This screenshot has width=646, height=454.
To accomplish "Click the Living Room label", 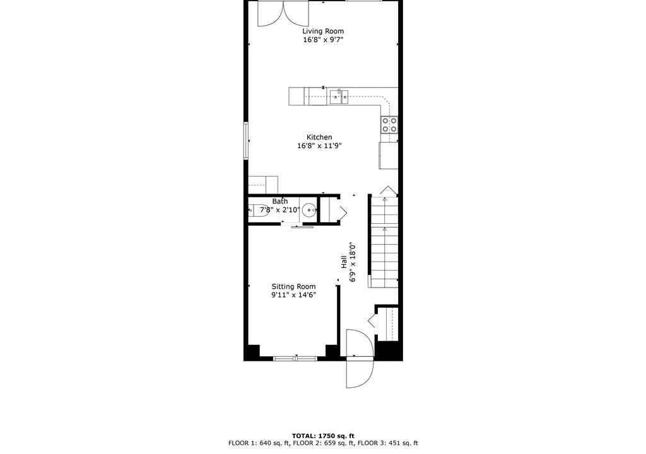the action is pyautogui.click(x=323, y=32).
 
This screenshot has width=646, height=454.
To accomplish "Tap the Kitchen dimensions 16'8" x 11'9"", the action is pyautogui.click(x=319, y=146).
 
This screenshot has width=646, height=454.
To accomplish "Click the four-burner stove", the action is pyautogui.click(x=389, y=125).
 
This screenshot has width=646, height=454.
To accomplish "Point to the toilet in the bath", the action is pyautogui.click(x=258, y=211).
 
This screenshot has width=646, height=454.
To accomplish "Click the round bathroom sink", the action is pyautogui.click(x=309, y=211).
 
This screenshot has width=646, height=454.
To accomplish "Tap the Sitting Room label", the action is pyautogui.click(x=294, y=287).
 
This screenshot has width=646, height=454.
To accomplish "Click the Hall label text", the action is pyautogui.click(x=344, y=262).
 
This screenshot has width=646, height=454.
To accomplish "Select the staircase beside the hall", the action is pyautogui.click(x=384, y=242).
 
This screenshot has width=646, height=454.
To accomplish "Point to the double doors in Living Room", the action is pyautogui.click(x=283, y=14).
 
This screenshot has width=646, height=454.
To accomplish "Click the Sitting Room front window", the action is pyautogui.click(x=295, y=358).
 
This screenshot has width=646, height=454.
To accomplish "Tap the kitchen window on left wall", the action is pyautogui.click(x=246, y=141).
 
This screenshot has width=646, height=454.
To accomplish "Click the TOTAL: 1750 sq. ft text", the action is pyautogui.click(x=323, y=436).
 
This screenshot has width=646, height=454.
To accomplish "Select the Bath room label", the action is pyautogui.click(x=280, y=201).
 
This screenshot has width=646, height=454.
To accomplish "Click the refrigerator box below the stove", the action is pyautogui.click(x=389, y=155).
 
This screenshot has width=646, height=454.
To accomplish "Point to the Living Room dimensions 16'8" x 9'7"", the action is pyautogui.click(x=323, y=40).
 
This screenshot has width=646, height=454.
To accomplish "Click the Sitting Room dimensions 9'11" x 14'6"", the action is pyautogui.click(x=294, y=295).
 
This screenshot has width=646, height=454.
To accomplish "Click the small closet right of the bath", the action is pyautogui.click(x=329, y=211).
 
